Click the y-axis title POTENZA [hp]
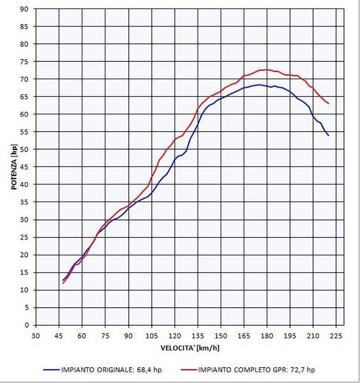coord(14,167)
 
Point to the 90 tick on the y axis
coord(25,9)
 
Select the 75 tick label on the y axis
coord(25,61)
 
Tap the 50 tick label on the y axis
coord(25,149)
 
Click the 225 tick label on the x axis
coord(336,335)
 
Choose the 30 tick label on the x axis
coord(36,335)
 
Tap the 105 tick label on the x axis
coord(151,335)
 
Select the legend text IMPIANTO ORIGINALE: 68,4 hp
coord(111,370)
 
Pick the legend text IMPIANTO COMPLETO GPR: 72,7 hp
coord(256,370)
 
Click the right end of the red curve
coord(329,104)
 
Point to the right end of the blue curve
coord(329,136)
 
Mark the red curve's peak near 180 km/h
coord(267,69)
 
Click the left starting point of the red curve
coord(63,283)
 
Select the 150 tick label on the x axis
coord(221,335)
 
